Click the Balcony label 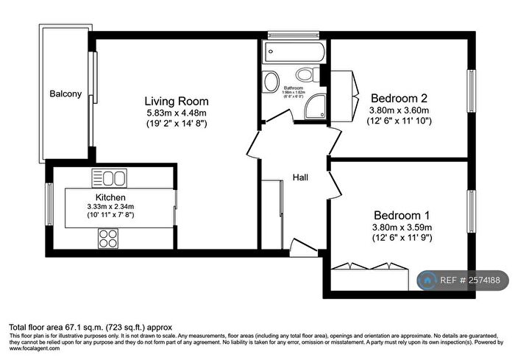click(65, 94)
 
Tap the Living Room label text click(176, 101)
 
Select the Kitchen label click(110, 198)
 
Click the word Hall click(301, 177)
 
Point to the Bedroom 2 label click(399, 98)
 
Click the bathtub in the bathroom click(293, 52)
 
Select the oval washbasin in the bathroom click(272, 80)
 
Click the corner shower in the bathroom click(317, 107)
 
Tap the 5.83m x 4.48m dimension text click(176, 113)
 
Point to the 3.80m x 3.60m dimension click(399, 110)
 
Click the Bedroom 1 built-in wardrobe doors click(369, 267)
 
